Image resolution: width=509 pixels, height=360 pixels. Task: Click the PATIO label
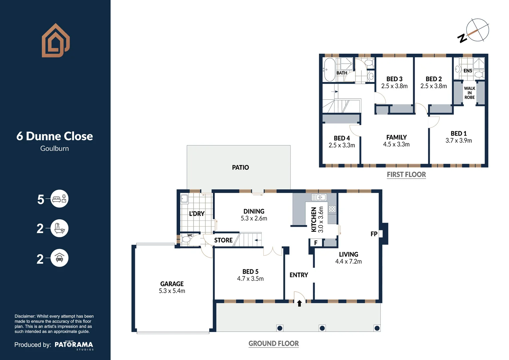[240, 167]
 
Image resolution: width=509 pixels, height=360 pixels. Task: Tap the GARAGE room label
[172, 284]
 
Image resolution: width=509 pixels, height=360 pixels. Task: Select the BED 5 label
[250, 272]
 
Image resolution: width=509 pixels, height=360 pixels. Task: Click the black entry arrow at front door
[299, 303]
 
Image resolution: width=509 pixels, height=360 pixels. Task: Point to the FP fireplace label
[374, 234]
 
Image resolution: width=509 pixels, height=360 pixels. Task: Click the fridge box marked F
[315, 243]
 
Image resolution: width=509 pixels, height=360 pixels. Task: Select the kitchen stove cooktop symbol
[332, 209]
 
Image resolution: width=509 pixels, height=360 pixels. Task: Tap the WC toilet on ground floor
[186, 239]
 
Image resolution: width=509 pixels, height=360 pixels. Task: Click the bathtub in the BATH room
[329, 70]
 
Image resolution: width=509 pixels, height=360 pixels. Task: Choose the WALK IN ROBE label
[469, 93]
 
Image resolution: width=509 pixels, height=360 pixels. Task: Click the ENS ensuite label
[468, 71]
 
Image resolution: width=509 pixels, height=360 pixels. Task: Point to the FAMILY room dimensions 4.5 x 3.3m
[396, 145]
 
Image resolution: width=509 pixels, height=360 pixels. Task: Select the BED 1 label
[458, 133]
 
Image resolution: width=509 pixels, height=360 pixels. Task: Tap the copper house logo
[55, 41]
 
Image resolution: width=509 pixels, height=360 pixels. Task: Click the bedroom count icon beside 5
[59, 199]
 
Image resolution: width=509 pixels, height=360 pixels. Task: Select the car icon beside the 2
[59, 258]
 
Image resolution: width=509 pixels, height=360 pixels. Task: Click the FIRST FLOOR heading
[406, 175]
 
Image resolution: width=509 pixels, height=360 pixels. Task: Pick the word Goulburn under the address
[55, 149]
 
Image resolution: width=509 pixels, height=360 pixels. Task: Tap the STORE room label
[223, 240]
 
